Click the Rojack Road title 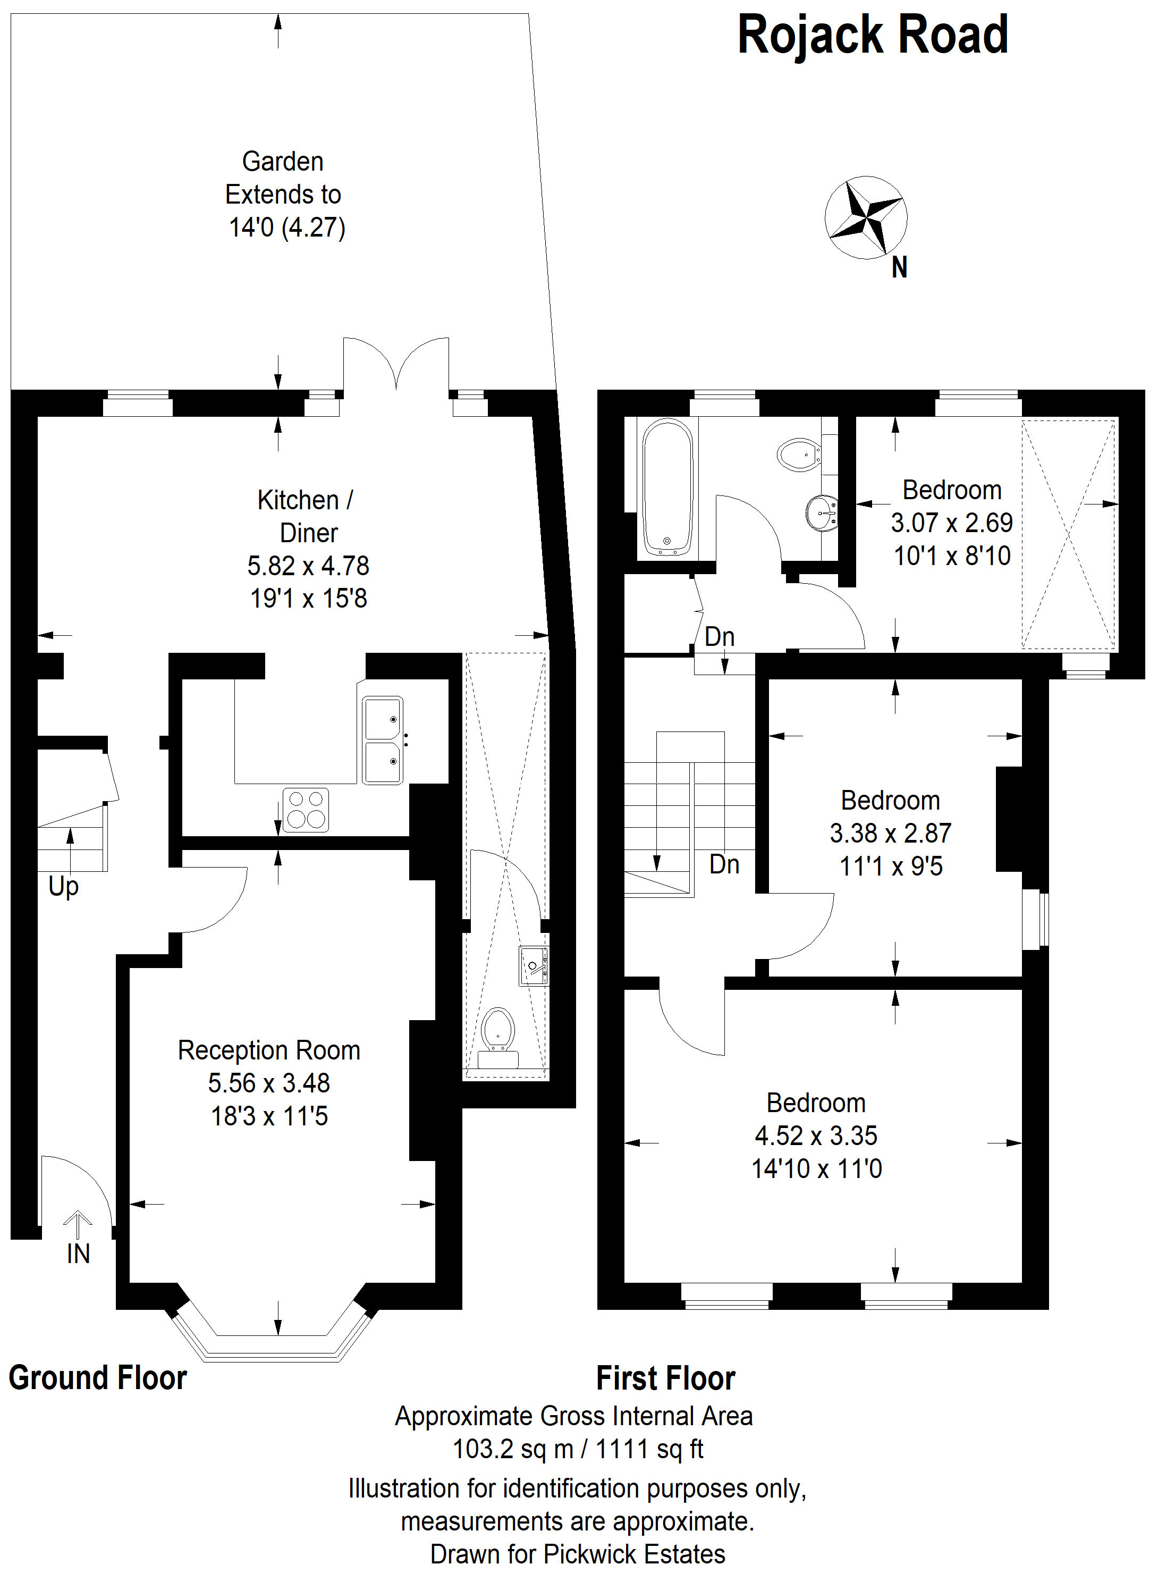tap(873, 35)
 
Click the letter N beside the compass tap(899, 268)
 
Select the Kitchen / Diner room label tap(306, 517)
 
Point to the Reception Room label tap(269, 1050)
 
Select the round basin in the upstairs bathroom tap(822, 513)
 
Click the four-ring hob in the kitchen tap(306, 810)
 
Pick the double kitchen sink tap(383, 739)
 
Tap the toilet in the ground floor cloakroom tap(497, 1037)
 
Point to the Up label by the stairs tap(63, 887)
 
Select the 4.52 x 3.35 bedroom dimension tap(816, 1135)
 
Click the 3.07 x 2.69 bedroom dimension tap(952, 522)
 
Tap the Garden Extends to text tap(283, 178)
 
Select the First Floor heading tap(666, 1378)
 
